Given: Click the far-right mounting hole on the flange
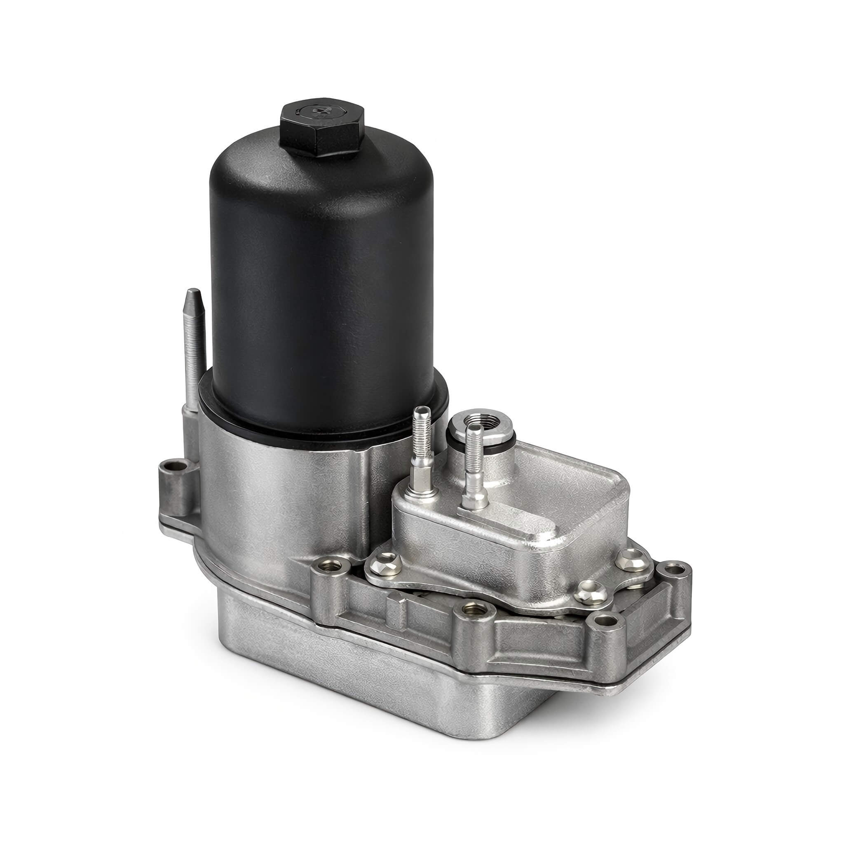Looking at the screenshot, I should pyautogui.click(x=675, y=569).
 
